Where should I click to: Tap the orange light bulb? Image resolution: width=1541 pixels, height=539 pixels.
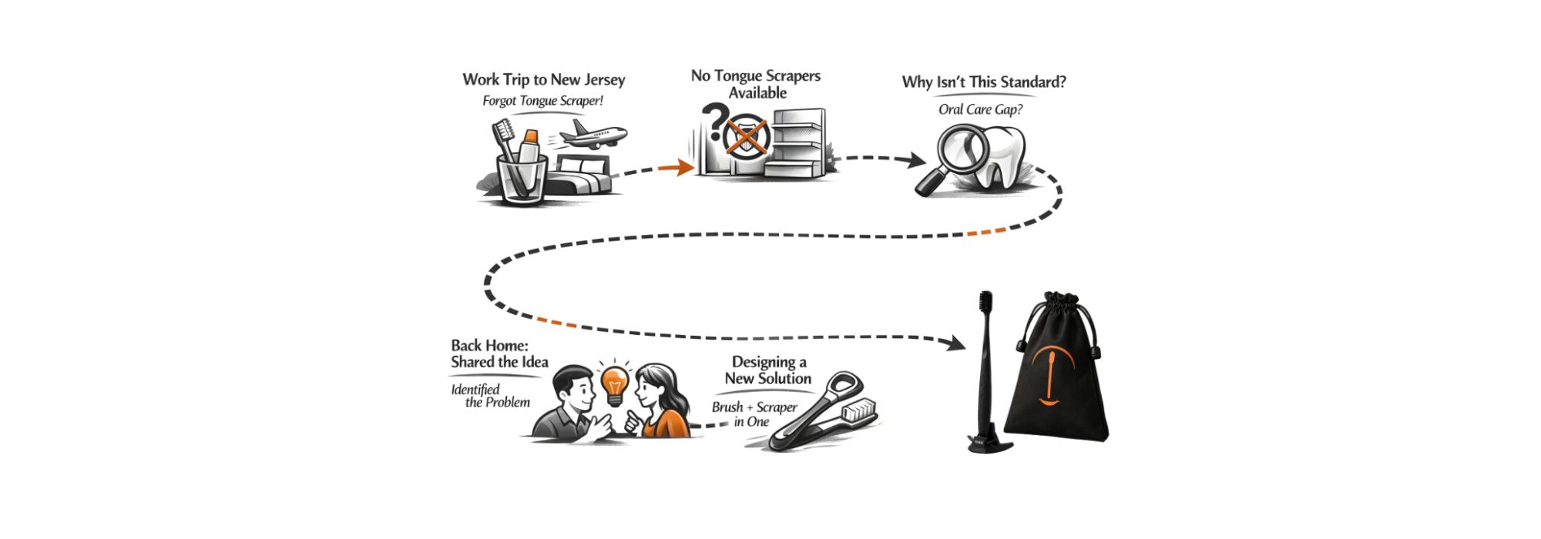[x=615, y=383]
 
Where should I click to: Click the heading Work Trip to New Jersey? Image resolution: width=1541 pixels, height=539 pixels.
[x=543, y=79]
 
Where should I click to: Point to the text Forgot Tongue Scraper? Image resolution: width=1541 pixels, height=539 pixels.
[x=542, y=101]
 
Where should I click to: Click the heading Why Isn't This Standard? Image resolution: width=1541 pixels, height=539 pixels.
[x=984, y=82]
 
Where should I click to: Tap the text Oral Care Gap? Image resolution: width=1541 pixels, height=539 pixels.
[x=980, y=109]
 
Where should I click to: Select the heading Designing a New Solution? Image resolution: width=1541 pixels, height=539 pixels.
[x=768, y=370]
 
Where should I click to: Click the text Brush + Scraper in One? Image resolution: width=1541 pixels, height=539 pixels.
[x=754, y=414]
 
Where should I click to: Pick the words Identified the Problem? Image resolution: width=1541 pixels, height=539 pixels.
[x=490, y=396]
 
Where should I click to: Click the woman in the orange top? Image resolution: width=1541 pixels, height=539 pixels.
[x=661, y=404]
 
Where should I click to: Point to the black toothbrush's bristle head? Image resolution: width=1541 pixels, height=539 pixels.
[x=985, y=308]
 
